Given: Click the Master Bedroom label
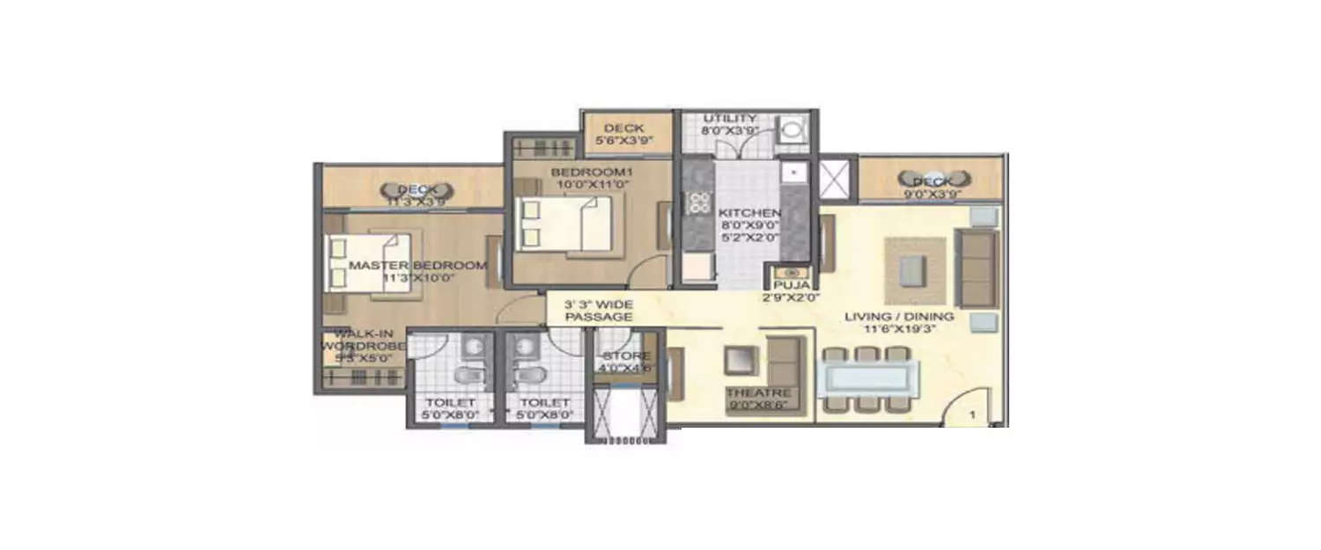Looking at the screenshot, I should click(x=417, y=266).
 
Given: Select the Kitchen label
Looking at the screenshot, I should click(x=749, y=214).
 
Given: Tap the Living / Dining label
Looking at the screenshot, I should click(x=898, y=316).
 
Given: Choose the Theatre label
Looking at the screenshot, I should click(x=758, y=392).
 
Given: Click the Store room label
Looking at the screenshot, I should click(x=626, y=356).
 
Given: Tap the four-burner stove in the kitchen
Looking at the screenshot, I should click(x=700, y=203).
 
